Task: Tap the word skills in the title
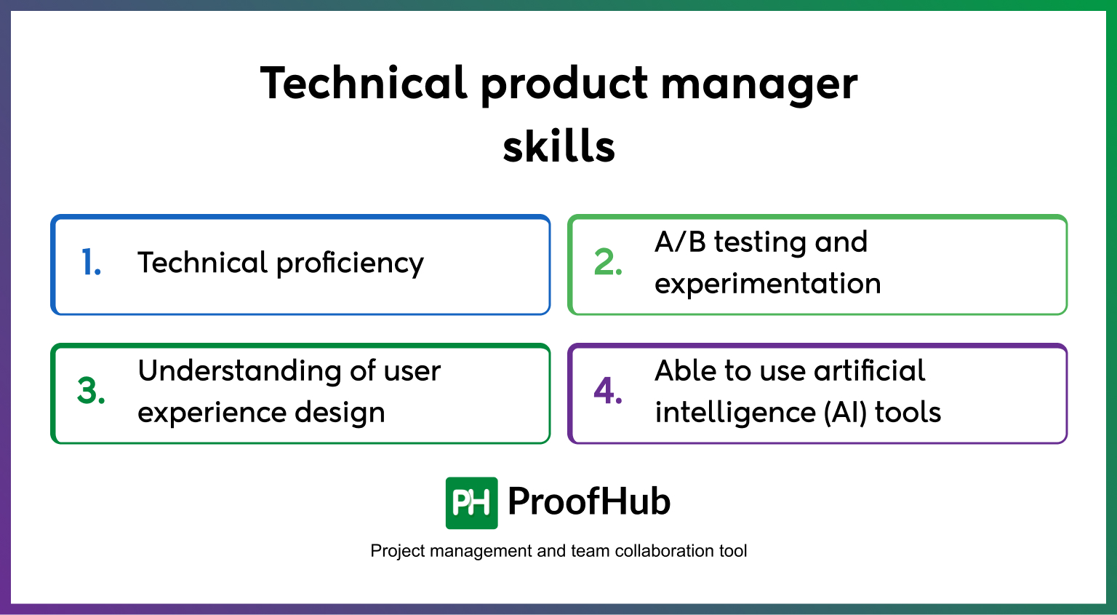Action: pos(558,146)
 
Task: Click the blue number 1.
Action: pos(91,263)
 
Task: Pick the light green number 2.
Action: pos(608,263)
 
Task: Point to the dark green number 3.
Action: pos(91,392)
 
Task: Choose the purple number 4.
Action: pos(608,392)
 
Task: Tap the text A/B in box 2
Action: pos(680,242)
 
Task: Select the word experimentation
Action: pos(767,284)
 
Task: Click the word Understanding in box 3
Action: pos(239,371)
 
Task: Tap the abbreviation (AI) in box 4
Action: pos(845,413)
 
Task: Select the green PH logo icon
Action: pos(471,503)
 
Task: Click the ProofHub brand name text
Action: pos(588,502)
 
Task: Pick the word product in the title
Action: pos(564,84)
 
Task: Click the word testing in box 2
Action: pos(760,242)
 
